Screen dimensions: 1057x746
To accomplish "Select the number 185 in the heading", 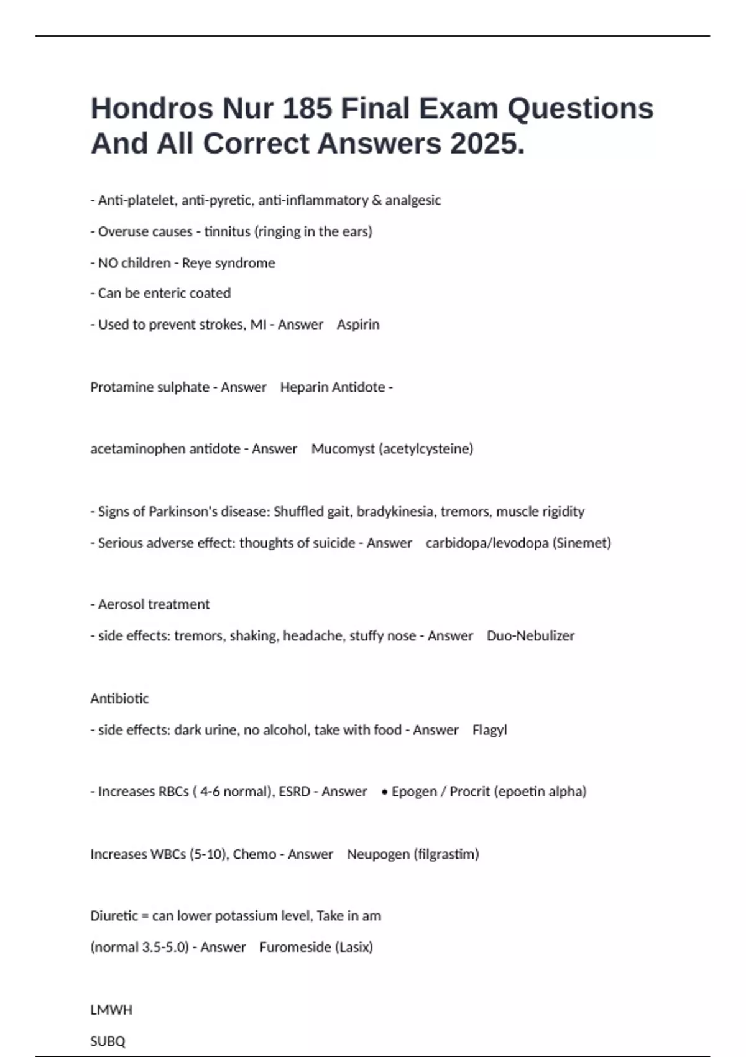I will coord(306,109).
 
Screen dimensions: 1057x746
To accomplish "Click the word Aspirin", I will coord(358,325).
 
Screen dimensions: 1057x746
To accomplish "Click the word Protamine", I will coord(117,387).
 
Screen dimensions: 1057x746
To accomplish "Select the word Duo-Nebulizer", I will coord(530,636).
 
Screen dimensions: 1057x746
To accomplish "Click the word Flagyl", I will coord(489,730).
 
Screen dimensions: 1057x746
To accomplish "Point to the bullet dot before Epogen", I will coord(385,792).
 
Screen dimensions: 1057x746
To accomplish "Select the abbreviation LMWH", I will coord(111,1010).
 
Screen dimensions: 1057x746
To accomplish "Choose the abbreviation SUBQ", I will coord(108,1041).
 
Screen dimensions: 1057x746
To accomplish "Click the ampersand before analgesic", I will coord(377,200).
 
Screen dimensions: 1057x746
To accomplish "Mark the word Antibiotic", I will coord(119,699).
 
